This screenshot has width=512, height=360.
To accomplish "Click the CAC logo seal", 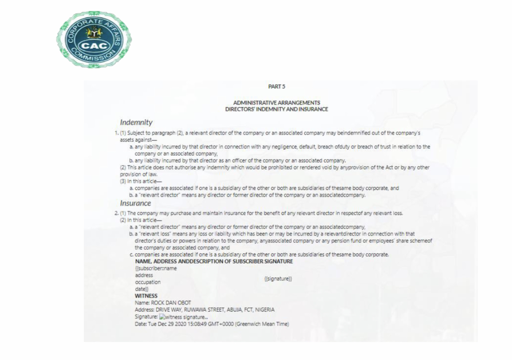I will tap(94, 39).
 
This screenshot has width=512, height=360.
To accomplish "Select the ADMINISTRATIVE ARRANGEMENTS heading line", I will tap(276, 103).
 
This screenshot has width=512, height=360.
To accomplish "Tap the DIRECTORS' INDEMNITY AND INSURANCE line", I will tap(276, 109).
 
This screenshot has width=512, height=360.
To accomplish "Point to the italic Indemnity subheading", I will tap(136, 122).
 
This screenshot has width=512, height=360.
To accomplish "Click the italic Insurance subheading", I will tap(135, 203).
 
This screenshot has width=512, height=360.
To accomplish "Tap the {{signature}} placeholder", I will tap(278, 279).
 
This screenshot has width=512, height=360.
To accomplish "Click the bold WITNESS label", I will tap(146, 296).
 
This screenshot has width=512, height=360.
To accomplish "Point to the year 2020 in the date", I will tap(186, 323).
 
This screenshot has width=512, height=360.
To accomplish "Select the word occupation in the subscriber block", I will tap(148, 282).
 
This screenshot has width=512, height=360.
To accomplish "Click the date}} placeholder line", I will tap(142, 289).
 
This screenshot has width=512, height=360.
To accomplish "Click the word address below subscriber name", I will tap(144, 275).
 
